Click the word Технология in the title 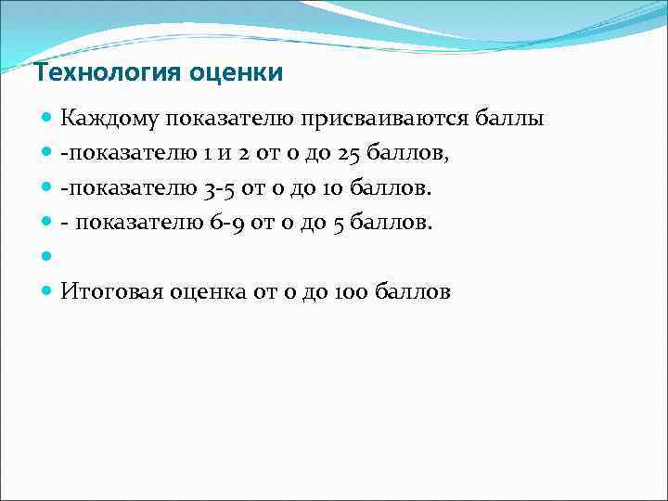point(89,72)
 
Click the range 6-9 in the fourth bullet point(225,224)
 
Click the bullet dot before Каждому point(47,119)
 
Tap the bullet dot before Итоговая point(47,292)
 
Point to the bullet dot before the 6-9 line point(47,224)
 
